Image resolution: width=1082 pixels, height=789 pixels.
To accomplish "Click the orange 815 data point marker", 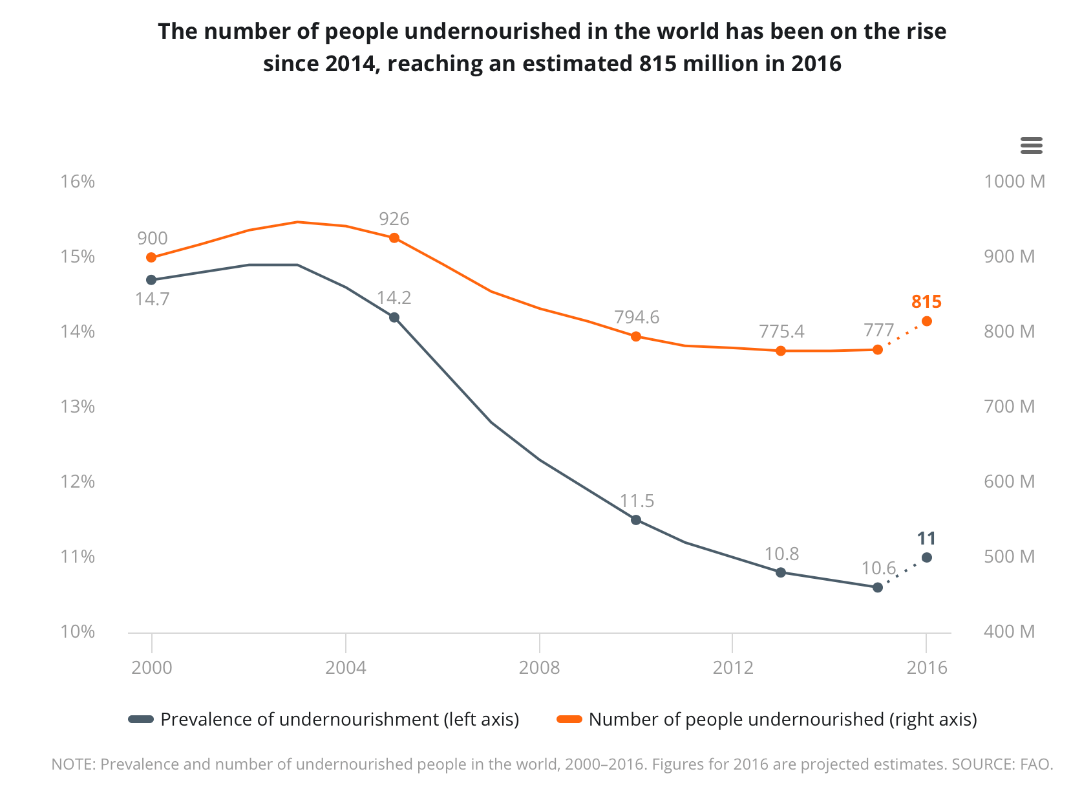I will tap(926, 321).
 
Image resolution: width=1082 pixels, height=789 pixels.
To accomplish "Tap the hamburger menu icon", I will tap(1031, 146).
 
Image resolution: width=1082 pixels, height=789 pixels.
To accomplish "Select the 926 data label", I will tap(394, 219).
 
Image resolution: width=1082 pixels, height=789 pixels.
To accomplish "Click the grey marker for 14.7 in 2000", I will tap(151, 280).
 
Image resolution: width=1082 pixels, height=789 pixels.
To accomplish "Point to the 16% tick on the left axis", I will tap(78, 182).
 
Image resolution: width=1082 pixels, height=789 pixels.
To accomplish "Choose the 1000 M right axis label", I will tap(1014, 182).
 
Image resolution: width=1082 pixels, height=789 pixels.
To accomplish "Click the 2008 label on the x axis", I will tap(539, 667).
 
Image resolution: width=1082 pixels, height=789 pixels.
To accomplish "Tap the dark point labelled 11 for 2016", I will tap(926, 557).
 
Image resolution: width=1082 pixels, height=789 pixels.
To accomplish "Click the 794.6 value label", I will tap(637, 318).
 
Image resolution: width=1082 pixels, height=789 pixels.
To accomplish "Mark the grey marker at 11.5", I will tap(636, 520).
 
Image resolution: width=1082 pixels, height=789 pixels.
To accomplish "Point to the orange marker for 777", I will tap(878, 350).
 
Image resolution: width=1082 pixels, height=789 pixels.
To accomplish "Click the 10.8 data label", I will tap(781, 554).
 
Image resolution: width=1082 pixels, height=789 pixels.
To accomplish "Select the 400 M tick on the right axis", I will tap(1009, 632).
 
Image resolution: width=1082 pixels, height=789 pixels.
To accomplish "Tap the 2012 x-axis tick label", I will tap(733, 667).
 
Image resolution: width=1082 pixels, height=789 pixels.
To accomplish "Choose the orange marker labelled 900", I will tap(151, 257).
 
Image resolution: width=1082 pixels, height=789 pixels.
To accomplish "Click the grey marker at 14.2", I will tap(394, 318).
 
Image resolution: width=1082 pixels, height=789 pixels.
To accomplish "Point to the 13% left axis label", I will tap(78, 407).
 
